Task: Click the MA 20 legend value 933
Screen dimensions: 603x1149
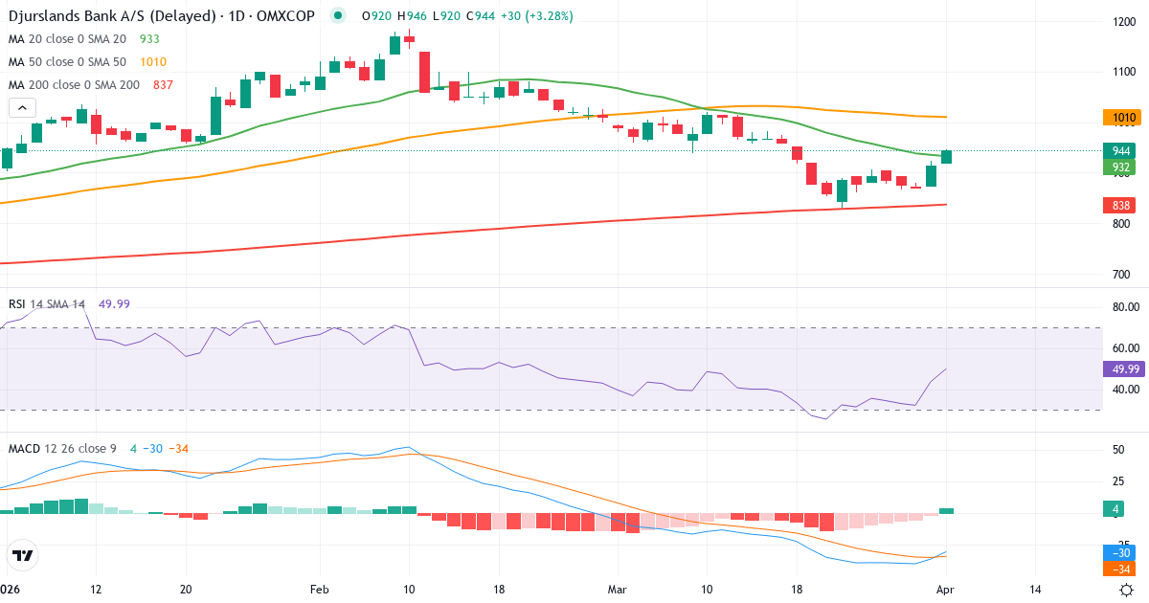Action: [148, 39]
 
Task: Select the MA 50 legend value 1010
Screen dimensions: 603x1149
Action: [153, 62]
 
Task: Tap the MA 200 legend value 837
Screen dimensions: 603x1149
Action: [163, 85]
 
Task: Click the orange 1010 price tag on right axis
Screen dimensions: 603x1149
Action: [1123, 118]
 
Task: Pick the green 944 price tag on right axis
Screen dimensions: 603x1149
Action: [1121, 151]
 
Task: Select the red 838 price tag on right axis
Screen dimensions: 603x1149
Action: [1121, 206]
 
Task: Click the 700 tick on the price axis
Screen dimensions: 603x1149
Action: [1121, 275]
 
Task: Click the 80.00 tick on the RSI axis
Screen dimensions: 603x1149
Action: [1125, 307]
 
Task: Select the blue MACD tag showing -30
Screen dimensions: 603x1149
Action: [1121, 553]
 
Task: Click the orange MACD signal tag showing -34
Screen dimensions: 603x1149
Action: [1121, 569]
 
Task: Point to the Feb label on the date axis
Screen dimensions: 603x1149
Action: [319, 589]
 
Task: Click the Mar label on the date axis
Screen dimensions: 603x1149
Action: [618, 589]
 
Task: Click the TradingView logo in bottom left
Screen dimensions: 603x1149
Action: [23, 555]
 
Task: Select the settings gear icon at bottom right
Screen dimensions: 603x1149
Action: [1127, 589]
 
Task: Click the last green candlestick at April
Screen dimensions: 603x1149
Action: [946, 157]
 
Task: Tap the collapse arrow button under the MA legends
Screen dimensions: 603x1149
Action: [23, 108]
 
